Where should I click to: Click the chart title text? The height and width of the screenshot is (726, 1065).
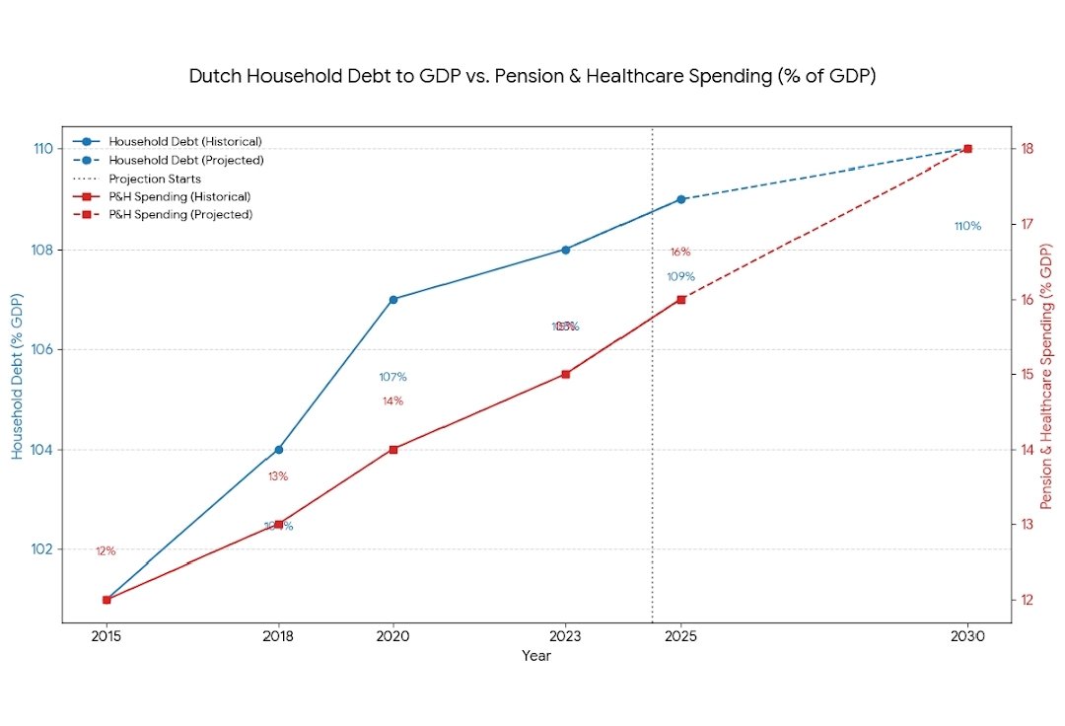point(532,76)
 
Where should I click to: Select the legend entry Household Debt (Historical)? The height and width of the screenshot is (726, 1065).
point(185,142)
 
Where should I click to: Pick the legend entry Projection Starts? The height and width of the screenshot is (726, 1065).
point(155,179)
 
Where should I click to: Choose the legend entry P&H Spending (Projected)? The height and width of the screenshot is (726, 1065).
point(180,215)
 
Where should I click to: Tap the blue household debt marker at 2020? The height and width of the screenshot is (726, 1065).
point(393,299)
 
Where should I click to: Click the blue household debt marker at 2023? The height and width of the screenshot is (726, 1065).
point(565,250)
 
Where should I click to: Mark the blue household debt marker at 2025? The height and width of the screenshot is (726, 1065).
point(680,199)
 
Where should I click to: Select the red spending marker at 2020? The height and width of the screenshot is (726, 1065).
point(393,450)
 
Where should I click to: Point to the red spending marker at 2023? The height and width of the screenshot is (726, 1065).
point(565,374)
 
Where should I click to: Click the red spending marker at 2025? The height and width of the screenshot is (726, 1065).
point(680,299)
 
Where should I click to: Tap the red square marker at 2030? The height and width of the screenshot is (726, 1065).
point(967,149)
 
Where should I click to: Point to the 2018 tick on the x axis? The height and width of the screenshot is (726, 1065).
point(278,637)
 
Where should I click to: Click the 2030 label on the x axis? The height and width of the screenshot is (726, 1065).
point(967,637)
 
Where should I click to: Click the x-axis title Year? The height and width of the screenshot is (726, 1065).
point(536,656)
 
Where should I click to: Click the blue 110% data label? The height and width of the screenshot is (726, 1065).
point(967,226)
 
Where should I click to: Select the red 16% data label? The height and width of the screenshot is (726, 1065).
point(680,253)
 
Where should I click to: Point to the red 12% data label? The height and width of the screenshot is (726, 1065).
point(106,551)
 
